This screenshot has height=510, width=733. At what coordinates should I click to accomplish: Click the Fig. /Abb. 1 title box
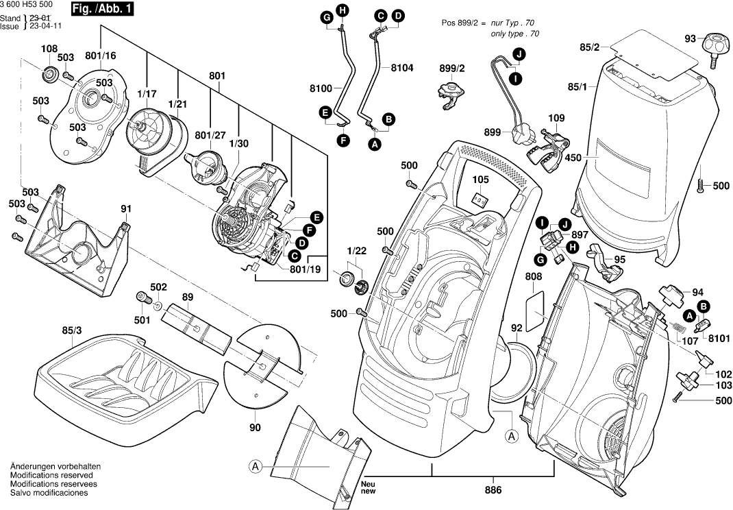103,10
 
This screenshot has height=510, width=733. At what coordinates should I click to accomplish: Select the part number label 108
49,49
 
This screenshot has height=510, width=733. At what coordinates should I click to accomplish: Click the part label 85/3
71,330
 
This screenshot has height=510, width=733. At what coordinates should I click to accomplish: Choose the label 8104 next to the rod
403,69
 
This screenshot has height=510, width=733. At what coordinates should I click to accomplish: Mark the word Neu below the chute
368,483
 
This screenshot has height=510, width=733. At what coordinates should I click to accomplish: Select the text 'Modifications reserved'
53,475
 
